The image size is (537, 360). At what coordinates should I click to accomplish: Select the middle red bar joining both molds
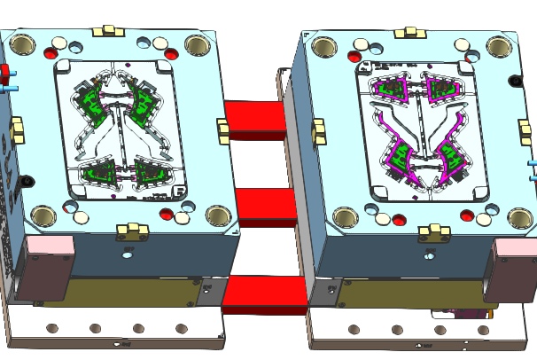[x=266, y=206]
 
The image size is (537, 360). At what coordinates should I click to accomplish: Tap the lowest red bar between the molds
[x=265, y=293]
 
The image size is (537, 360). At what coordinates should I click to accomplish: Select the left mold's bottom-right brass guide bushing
[x=217, y=215]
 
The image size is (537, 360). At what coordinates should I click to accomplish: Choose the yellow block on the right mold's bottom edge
[x=434, y=231]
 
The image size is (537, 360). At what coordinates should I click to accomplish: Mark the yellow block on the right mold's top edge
[x=410, y=33]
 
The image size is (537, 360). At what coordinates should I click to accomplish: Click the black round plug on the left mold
[x=27, y=182]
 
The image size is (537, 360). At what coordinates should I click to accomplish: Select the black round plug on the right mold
[x=515, y=82]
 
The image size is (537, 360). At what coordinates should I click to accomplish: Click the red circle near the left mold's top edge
[x=171, y=55]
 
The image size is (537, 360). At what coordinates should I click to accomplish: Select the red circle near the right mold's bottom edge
[x=466, y=214]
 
